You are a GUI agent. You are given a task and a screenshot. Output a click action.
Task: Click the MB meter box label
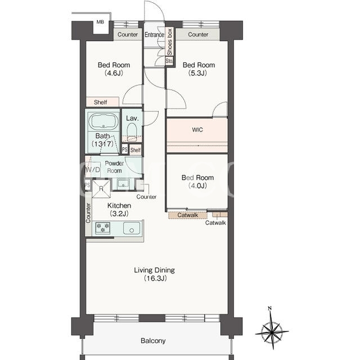click(100, 22)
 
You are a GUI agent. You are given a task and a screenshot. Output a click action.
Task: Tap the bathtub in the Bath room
click(103, 121)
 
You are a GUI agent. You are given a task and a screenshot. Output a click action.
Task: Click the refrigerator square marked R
click(101, 189)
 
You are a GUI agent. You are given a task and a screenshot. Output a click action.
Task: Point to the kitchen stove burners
click(102, 228)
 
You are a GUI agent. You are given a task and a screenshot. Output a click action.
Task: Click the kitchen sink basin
click(132, 228)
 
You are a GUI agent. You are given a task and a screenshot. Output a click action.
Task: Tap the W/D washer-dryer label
click(93, 170)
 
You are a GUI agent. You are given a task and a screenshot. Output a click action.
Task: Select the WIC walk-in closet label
click(197, 130)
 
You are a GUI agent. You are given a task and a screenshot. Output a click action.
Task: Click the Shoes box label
click(170, 42)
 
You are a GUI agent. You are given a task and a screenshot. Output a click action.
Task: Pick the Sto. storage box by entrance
click(169, 61)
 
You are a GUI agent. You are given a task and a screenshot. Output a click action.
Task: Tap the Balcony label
click(153, 341)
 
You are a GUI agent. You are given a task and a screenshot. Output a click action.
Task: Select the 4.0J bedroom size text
click(197, 186)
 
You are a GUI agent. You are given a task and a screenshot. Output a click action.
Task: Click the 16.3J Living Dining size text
click(155, 278)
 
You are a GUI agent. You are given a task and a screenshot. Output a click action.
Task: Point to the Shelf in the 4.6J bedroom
click(102, 102)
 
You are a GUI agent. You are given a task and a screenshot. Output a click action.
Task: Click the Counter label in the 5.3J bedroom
click(198, 34)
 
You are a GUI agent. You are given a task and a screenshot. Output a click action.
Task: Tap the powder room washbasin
click(123, 184)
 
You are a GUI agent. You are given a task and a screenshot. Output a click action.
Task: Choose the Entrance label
click(154, 35)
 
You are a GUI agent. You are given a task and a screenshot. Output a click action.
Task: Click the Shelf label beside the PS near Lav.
click(136, 150)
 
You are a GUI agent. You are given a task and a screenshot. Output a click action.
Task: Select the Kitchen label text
click(119, 205)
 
